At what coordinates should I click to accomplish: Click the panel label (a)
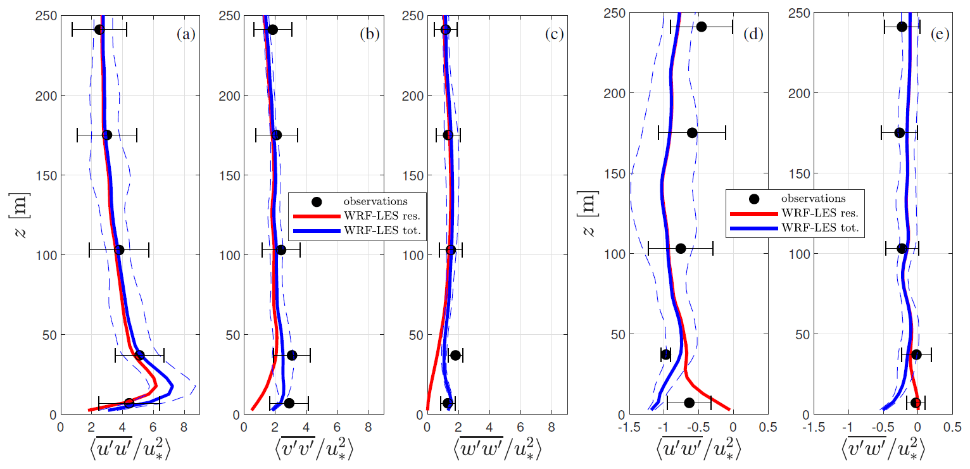click(185, 35)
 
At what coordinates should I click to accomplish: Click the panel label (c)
click(554, 35)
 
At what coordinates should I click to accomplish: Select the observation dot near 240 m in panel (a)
click(99, 30)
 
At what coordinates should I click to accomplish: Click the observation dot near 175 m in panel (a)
click(107, 135)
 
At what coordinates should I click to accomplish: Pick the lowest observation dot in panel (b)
click(289, 403)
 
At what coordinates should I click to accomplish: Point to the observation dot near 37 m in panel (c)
click(455, 355)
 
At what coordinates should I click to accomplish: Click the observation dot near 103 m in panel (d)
click(681, 248)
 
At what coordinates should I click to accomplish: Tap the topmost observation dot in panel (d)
click(701, 27)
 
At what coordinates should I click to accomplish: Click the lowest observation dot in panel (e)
click(915, 403)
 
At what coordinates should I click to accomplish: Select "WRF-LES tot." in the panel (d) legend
click(821, 227)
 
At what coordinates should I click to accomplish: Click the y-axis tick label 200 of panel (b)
click(229, 96)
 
